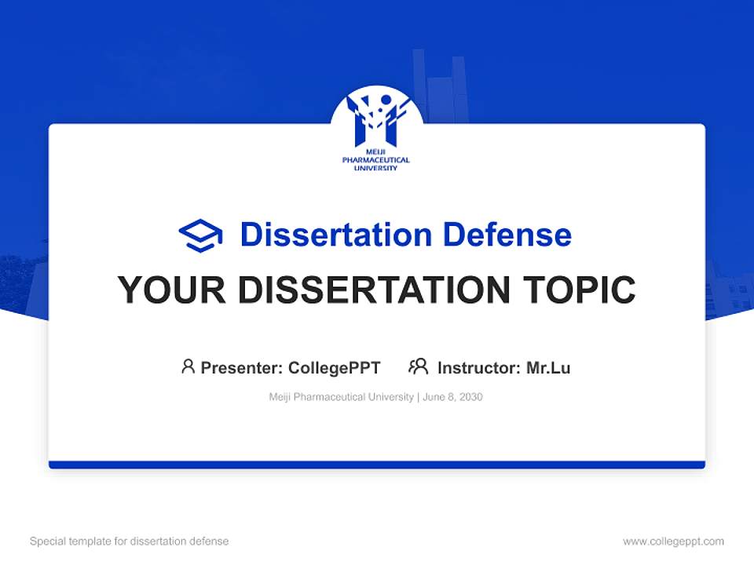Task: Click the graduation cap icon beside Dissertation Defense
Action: (x=200, y=235)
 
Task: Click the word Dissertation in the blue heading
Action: (x=335, y=235)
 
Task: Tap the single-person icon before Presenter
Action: (x=188, y=366)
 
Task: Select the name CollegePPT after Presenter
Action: (x=335, y=367)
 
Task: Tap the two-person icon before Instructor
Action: (x=418, y=366)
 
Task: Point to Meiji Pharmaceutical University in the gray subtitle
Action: (x=341, y=397)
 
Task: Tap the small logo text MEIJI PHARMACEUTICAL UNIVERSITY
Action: (x=376, y=160)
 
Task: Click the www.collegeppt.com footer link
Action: (x=673, y=541)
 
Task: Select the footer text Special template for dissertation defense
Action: (x=129, y=541)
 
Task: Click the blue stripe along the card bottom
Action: (x=377, y=465)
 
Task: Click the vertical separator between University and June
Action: (x=418, y=397)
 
